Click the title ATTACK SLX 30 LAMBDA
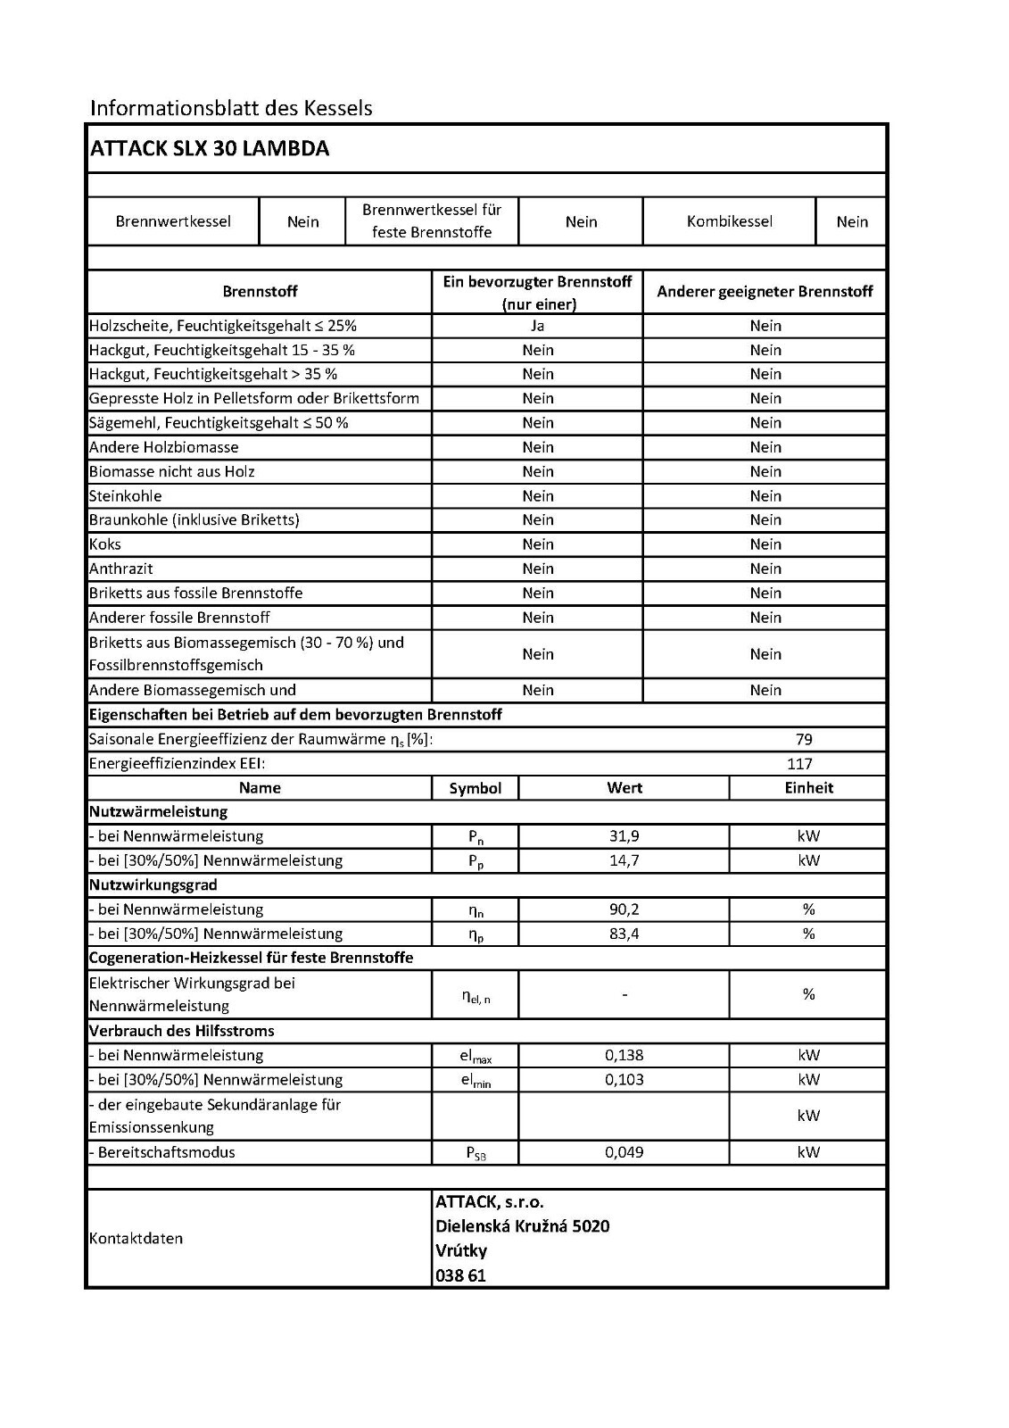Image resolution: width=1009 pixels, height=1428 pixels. [210, 149]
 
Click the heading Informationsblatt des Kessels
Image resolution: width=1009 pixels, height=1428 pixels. [231, 108]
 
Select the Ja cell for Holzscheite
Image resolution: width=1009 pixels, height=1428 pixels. [537, 326]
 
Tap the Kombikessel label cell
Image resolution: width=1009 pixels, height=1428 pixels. [729, 221]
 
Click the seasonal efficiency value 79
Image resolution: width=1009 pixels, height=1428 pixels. [804, 739]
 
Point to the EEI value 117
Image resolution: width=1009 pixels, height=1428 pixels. [800, 763]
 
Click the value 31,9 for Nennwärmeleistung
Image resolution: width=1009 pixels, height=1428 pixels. [624, 836]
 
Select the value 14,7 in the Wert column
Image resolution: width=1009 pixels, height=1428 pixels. [624, 860]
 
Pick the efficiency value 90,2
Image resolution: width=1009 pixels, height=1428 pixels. [624, 909]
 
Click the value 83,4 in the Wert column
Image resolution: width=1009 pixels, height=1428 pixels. [624, 934]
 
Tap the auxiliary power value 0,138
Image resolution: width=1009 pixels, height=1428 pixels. [624, 1055]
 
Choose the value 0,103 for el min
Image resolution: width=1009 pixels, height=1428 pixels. [624, 1079]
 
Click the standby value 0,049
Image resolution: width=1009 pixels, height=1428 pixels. [624, 1152]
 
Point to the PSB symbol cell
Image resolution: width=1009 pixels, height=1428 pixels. [476, 1153]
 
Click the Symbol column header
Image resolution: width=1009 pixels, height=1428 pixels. [476, 788]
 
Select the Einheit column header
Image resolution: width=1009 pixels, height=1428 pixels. [808, 787]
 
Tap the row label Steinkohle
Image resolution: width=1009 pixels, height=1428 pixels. [126, 496]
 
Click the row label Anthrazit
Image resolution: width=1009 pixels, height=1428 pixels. [121, 569]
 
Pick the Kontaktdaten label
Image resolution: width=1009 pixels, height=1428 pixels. [136, 1239]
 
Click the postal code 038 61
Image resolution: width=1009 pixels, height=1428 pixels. [460, 1275]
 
